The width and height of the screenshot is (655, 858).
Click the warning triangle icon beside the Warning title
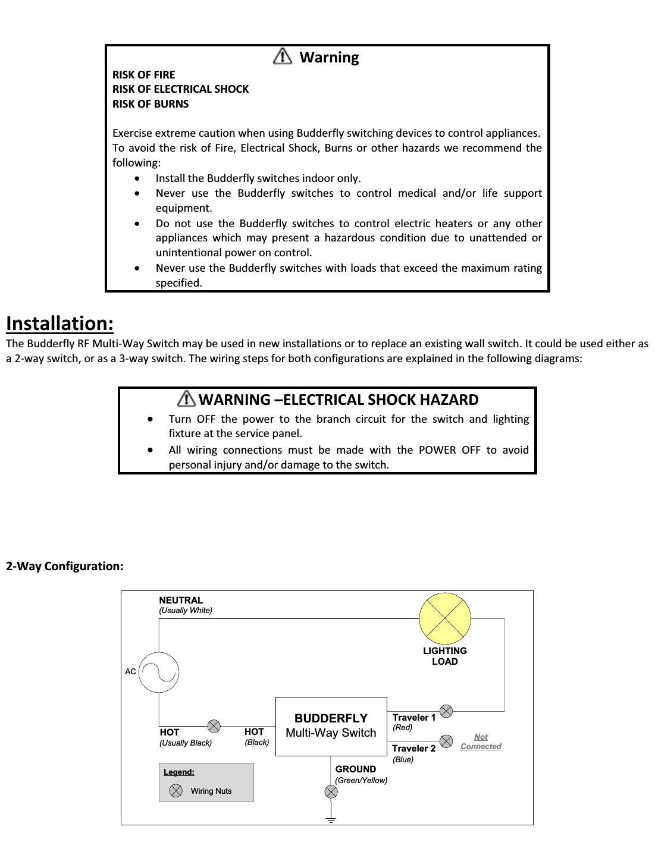(x=282, y=56)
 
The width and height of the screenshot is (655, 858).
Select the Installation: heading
(x=59, y=323)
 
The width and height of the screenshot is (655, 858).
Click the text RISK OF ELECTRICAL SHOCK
(x=180, y=89)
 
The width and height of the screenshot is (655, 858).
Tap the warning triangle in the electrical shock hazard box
(x=186, y=398)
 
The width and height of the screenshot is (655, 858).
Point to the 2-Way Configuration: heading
(x=65, y=566)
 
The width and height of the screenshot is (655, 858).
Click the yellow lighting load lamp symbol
(x=445, y=618)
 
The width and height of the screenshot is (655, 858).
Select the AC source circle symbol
(x=159, y=672)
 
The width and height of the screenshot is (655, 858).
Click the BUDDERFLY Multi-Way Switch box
(x=331, y=726)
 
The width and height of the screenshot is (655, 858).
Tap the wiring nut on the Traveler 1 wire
(x=446, y=711)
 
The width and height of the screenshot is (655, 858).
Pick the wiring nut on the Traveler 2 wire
(x=446, y=741)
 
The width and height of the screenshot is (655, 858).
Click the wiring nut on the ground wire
(x=331, y=791)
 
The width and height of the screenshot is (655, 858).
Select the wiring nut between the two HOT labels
(x=214, y=726)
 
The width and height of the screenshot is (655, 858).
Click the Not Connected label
(x=481, y=741)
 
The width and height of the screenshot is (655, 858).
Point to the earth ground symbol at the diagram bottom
(x=331, y=819)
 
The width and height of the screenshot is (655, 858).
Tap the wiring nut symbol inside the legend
(x=176, y=790)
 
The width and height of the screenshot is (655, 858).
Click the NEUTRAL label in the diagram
(x=181, y=600)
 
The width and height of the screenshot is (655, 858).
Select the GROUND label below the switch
(x=355, y=769)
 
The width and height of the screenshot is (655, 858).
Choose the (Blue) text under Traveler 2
(x=403, y=759)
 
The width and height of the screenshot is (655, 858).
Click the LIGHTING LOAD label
(x=444, y=656)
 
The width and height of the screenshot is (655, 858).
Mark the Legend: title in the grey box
(x=179, y=772)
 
